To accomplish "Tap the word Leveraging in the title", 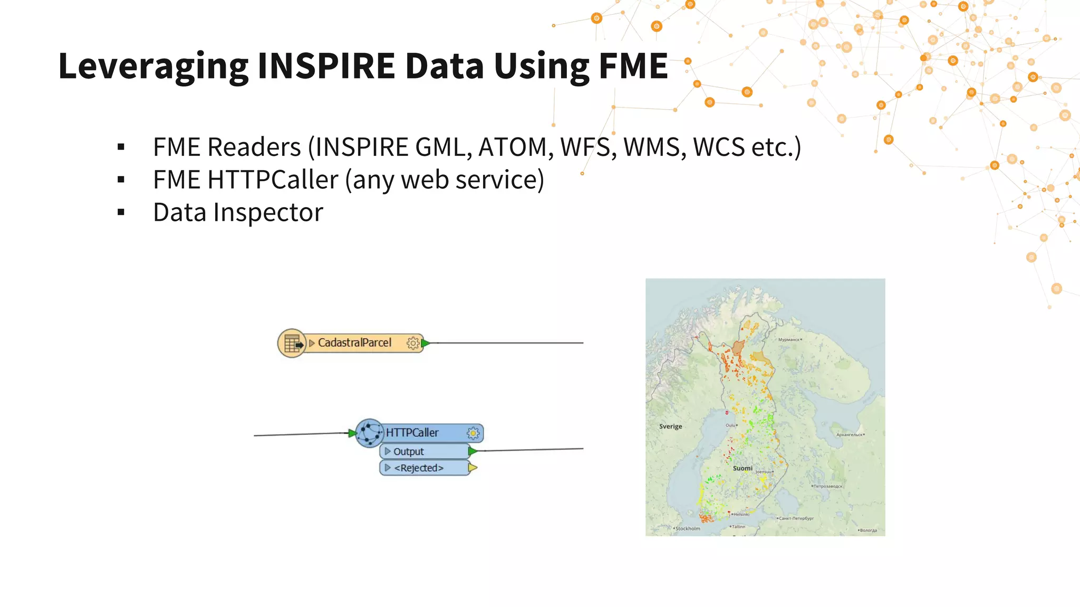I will (x=153, y=67).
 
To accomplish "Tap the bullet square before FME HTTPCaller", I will (x=121, y=180).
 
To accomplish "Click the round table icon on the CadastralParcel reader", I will (x=292, y=344).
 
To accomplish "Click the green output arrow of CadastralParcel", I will (x=425, y=344).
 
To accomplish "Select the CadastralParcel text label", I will (x=354, y=343).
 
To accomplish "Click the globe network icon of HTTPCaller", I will (x=369, y=433).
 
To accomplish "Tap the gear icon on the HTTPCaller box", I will (x=473, y=433).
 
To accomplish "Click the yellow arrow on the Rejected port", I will (x=472, y=468).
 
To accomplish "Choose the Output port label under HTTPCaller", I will (x=408, y=452).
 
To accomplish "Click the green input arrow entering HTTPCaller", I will (x=352, y=433).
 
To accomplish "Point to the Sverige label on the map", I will (x=670, y=426).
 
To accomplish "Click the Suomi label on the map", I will (x=742, y=468).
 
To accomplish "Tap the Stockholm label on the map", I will (x=688, y=528).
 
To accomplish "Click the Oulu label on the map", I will (x=730, y=425).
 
